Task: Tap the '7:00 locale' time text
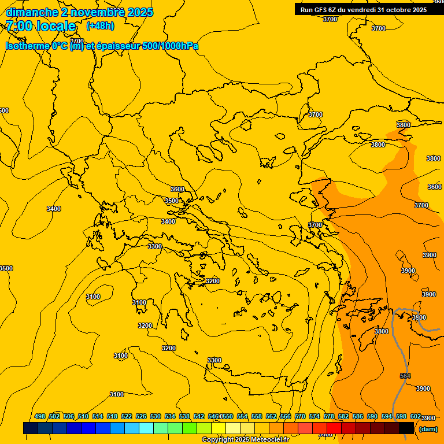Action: click(x=41, y=26)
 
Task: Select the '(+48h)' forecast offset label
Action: click(x=100, y=26)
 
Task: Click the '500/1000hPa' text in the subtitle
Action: click(x=170, y=46)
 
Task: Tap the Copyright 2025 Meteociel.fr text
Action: click(x=245, y=440)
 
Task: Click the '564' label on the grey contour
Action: click(x=405, y=376)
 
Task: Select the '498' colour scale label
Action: click(x=40, y=417)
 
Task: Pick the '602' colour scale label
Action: click(x=416, y=417)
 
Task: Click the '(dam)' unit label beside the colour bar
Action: click(x=428, y=429)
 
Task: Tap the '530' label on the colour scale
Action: click(x=156, y=417)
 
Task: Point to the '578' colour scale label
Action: click(x=329, y=417)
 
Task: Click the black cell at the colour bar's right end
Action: click(x=406, y=428)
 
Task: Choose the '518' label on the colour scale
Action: click(x=112, y=417)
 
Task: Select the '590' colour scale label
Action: click(x=372, y=417)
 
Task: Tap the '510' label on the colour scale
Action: click(x=83, y=417)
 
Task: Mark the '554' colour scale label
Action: click(x=242, y=417)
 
